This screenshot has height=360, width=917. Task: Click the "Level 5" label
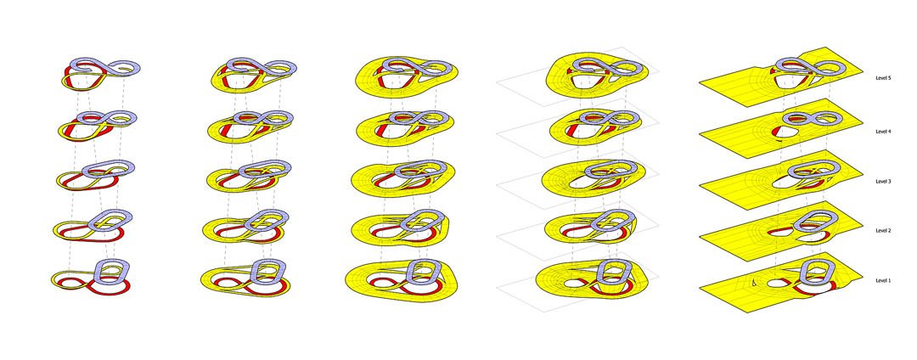pyautogui.click(x=882, y=78)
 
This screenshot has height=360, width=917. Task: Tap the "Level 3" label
pyautogui.click(x=882, y=182)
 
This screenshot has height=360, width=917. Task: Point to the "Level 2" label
pyautogui.click(x=882, y=231)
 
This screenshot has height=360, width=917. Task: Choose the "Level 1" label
pyautogui.click(x=882, y=281)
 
